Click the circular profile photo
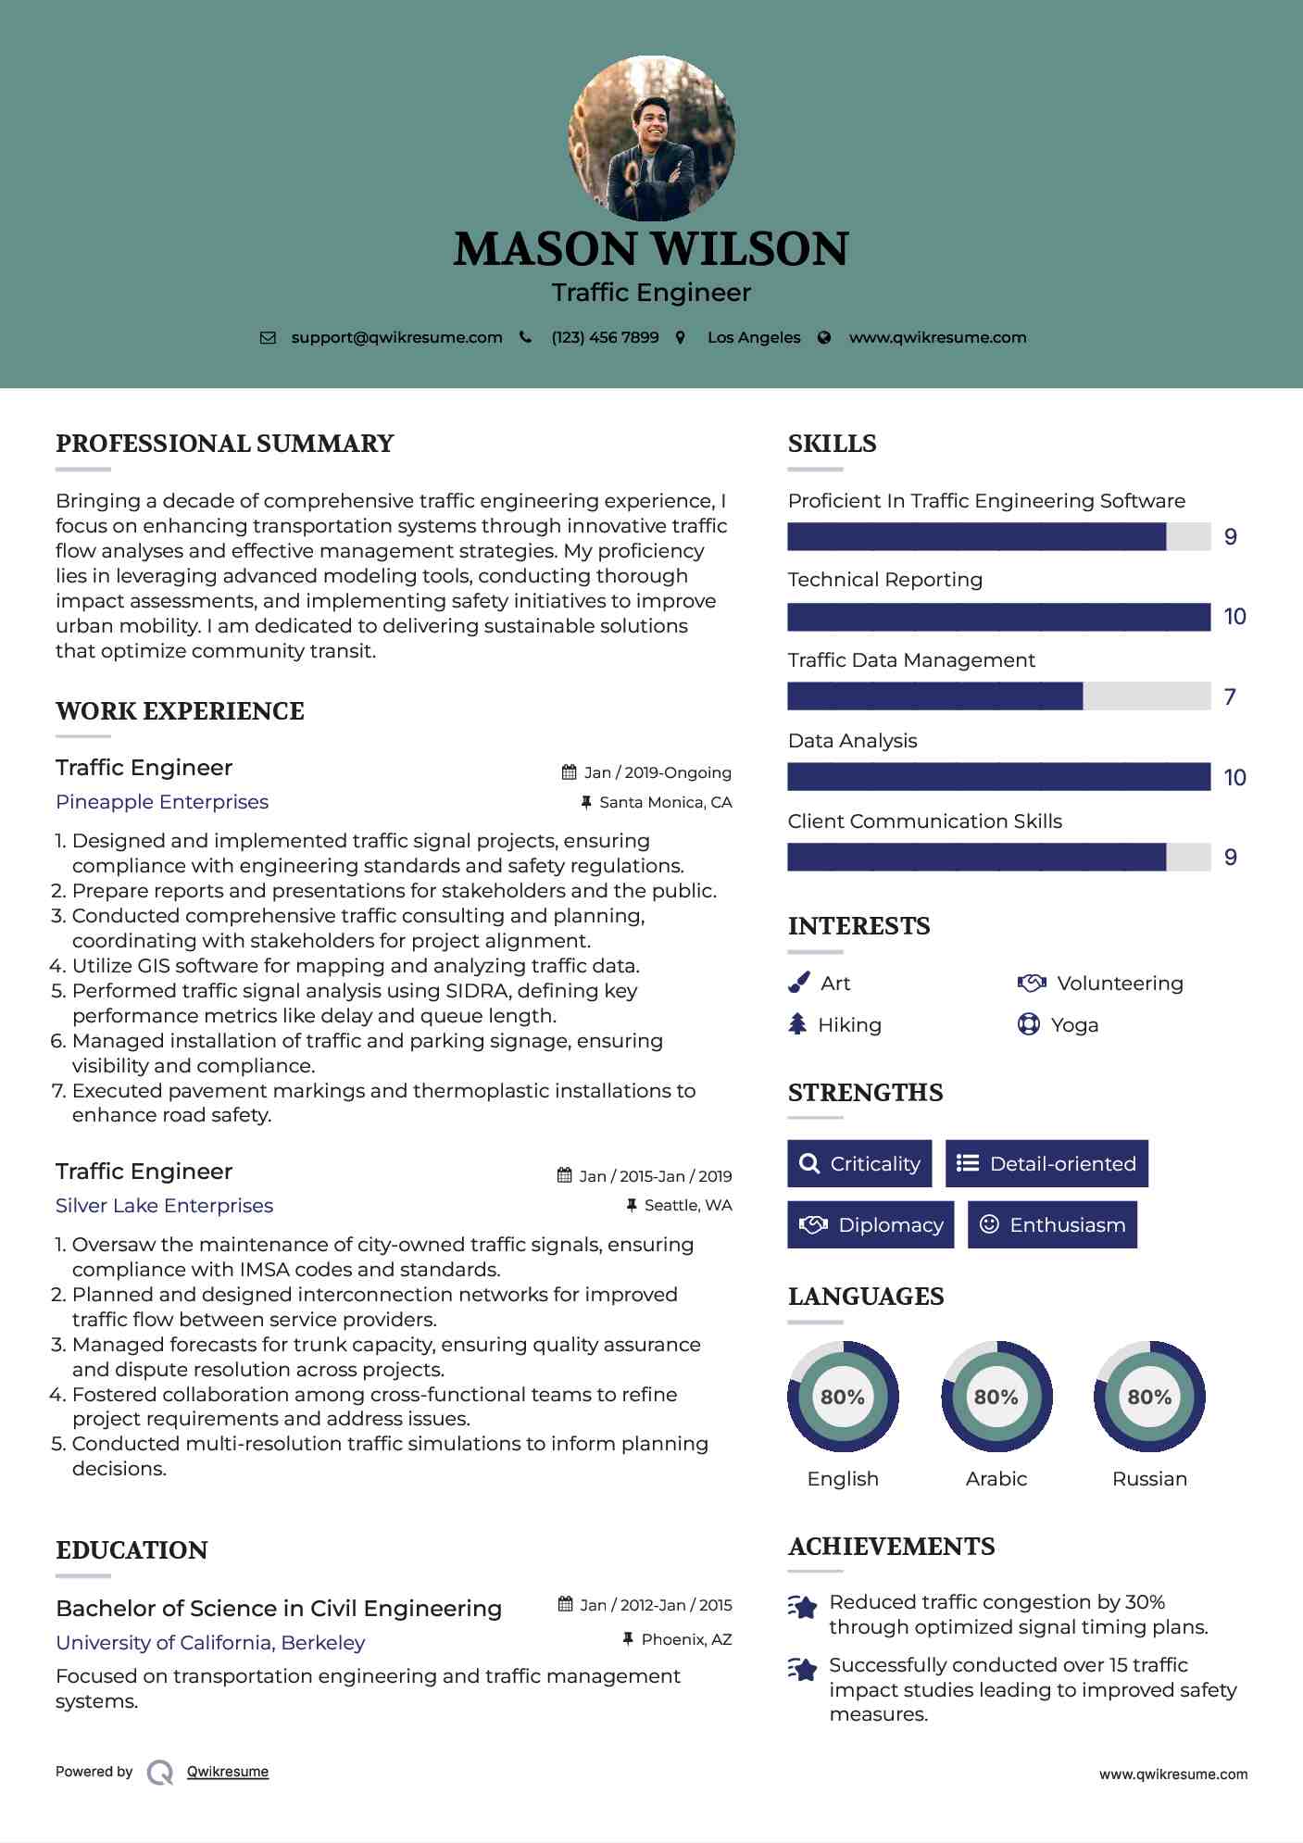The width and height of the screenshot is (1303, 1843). [651, 139]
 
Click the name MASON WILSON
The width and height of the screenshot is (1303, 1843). [651, 249]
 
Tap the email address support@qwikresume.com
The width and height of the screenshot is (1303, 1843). [396, 337]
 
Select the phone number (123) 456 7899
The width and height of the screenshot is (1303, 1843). [605, 337]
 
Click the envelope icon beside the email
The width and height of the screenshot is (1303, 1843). [268, 338]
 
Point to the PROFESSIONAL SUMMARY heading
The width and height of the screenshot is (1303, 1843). [225, 444]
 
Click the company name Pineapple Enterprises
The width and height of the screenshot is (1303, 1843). [162, 802]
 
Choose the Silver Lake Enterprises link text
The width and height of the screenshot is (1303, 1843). [164, 1206]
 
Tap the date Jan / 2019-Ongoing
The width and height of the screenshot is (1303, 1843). [658, 772]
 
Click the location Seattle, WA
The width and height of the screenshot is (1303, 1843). [687, 1205]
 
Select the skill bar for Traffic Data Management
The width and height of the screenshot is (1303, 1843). [998, 696]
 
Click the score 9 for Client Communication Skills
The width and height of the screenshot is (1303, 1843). [1230, 858]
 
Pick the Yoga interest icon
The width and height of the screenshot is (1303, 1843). [1028, 1024]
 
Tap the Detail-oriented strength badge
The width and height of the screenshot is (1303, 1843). [1046, 1164]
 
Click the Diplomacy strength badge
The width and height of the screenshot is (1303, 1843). [871, 1225]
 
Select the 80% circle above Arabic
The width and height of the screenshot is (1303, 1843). [996, 1397]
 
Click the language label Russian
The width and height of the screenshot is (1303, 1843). [1149, 1479]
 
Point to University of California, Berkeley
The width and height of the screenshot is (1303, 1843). [210, 1643]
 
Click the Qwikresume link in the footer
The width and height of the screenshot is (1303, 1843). [228, 1772]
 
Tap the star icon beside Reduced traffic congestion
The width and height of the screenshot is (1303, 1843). [803, 1607]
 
